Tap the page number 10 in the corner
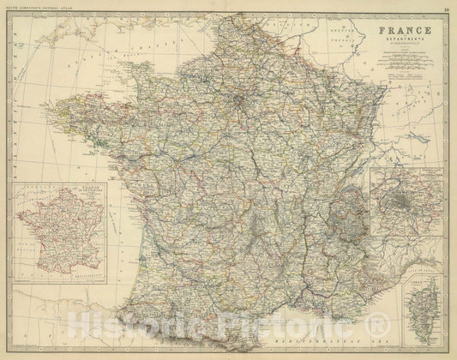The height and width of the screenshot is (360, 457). click(x=447, y=9)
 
